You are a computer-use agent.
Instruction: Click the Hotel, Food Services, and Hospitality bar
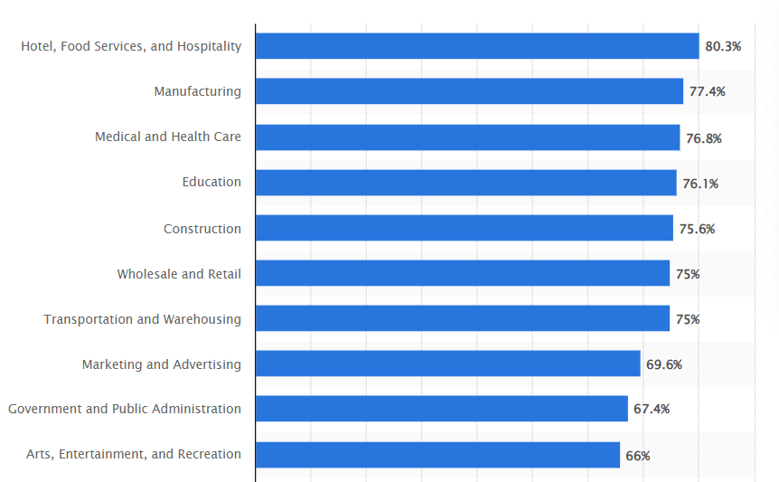coord(477,46)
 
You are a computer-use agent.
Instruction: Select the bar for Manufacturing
coord(469,91)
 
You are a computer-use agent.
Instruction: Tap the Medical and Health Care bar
coord(467,137)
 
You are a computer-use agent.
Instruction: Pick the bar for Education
coord(465,183)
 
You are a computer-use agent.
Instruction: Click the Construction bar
coord(464,228)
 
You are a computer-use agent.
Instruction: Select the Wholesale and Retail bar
coord(463,273)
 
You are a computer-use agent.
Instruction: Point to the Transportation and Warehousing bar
coord(463,318)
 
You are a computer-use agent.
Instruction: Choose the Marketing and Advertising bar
coord(447,364)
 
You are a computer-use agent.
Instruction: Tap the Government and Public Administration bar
coord(441,409)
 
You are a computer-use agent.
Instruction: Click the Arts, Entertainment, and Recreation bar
coord(437,454)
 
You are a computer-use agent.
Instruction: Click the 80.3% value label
coord(723,46)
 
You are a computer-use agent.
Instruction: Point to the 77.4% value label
coord(707,91)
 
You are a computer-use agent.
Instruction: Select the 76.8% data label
coord(704,138)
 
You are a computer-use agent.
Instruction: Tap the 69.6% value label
coord(664,364)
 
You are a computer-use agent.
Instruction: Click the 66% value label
coord(638,456)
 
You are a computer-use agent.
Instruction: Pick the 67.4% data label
coord(652,410)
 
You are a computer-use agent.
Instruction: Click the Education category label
coord(211,182)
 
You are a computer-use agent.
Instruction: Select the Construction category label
coord(202,229)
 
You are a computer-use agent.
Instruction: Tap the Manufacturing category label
coord(197,91)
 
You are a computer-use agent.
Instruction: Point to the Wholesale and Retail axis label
coord(179,274)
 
